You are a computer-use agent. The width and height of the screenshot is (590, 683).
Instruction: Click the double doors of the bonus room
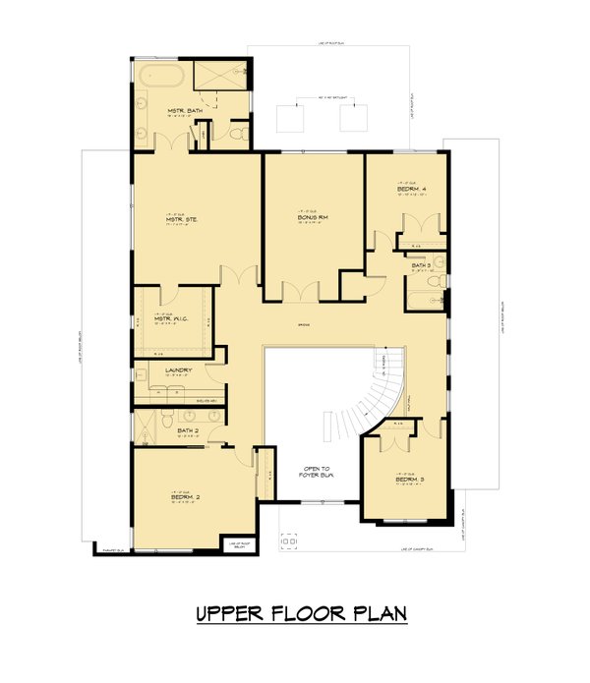301,291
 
